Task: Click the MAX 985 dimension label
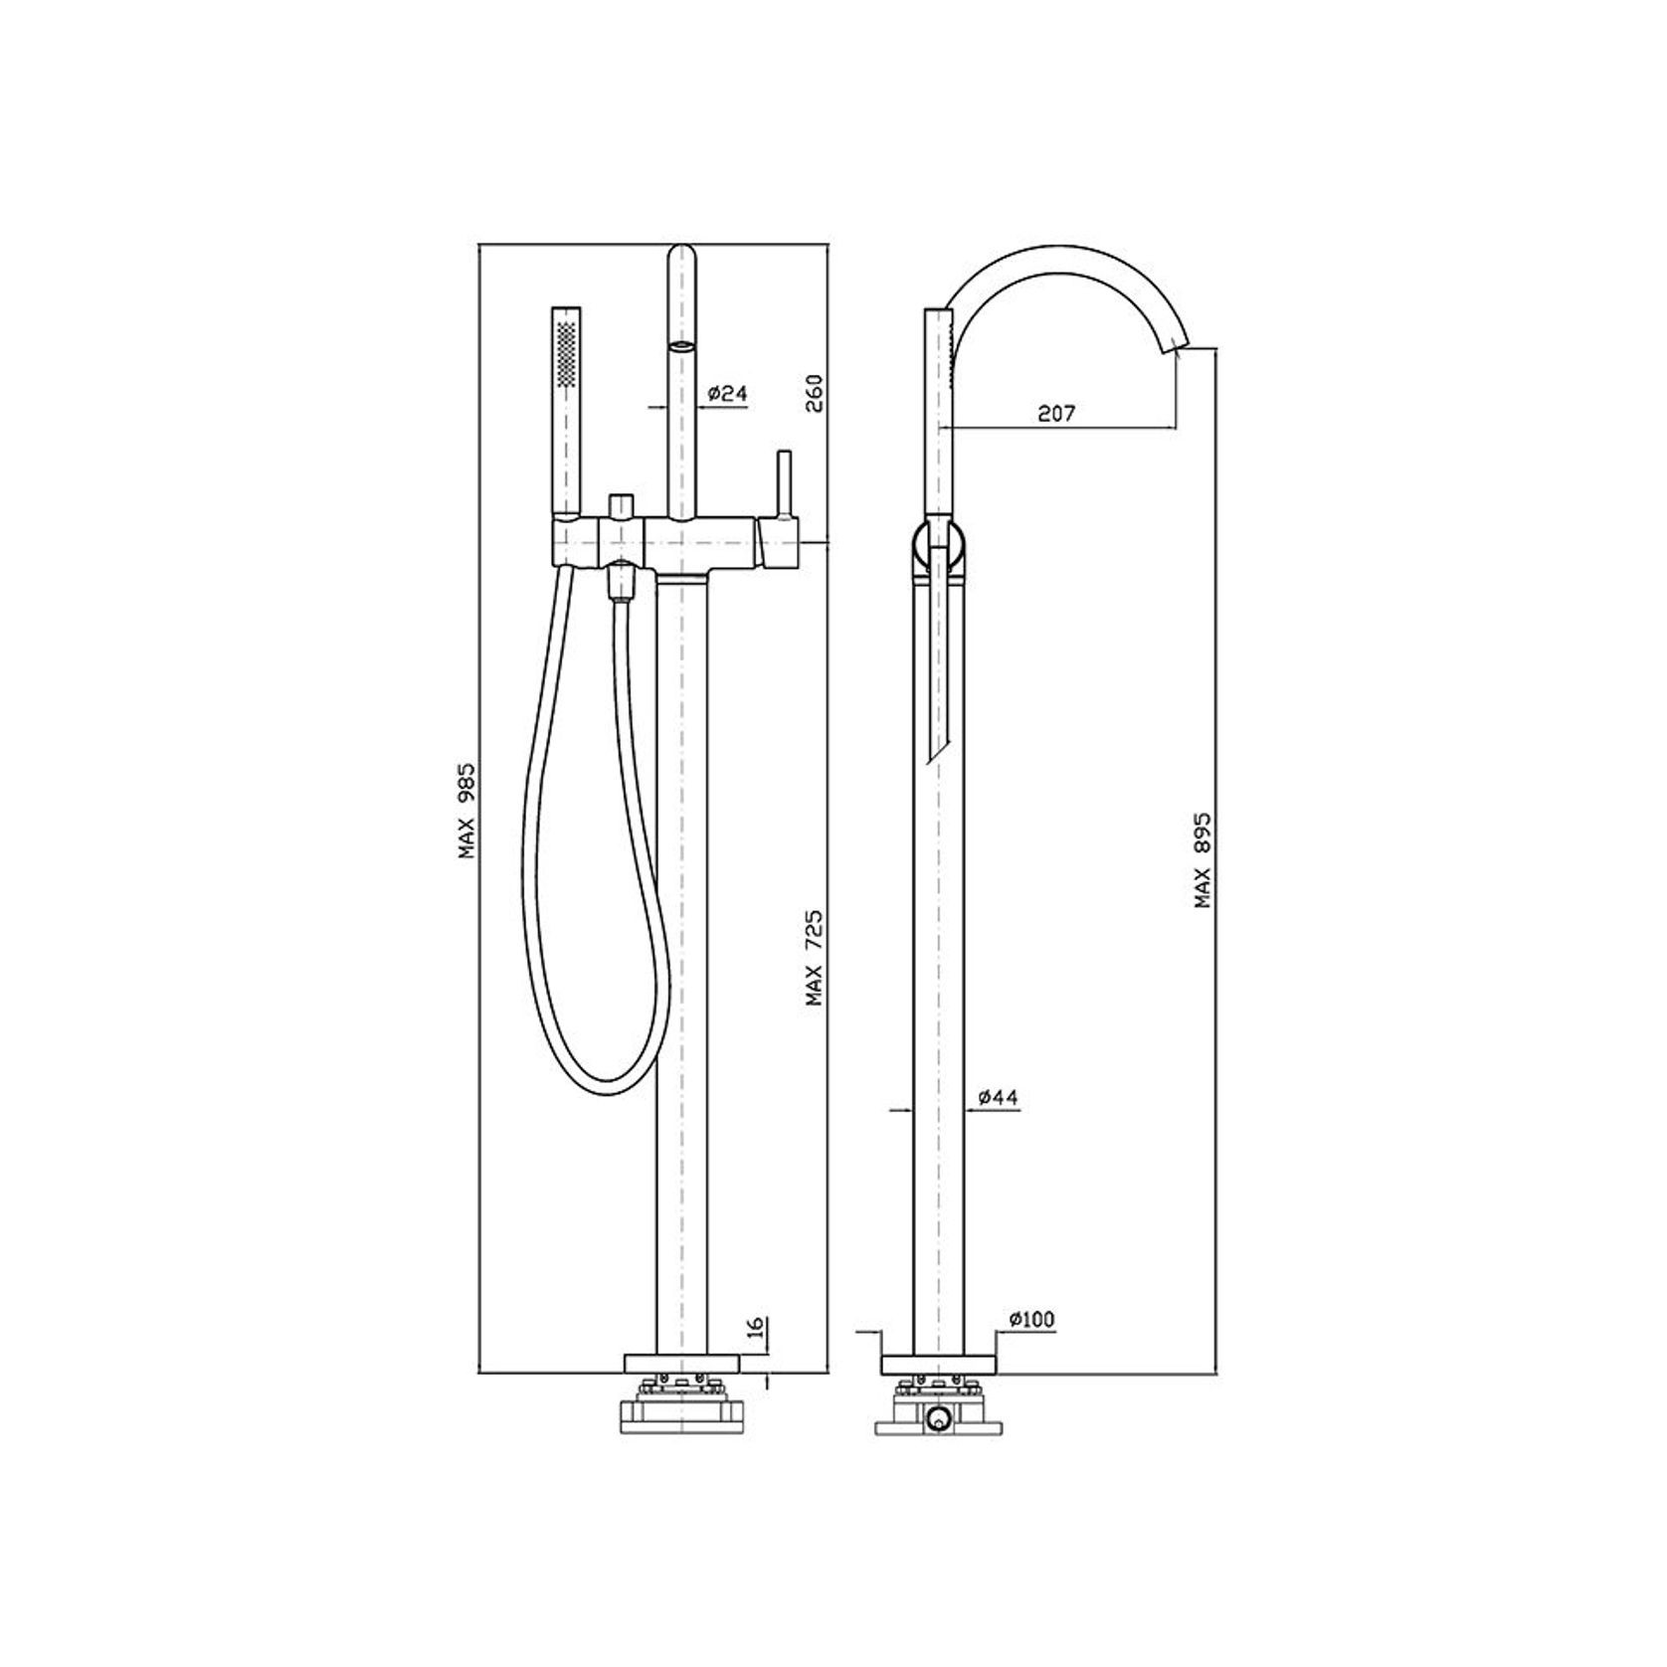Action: (x=467, y=812)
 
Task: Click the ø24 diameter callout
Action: (x=726, y=394)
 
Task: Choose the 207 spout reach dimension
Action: (x=1056, y=414)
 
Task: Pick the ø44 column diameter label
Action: (x=998, y=1097)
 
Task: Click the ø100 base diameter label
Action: (x=1031, y=1320)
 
